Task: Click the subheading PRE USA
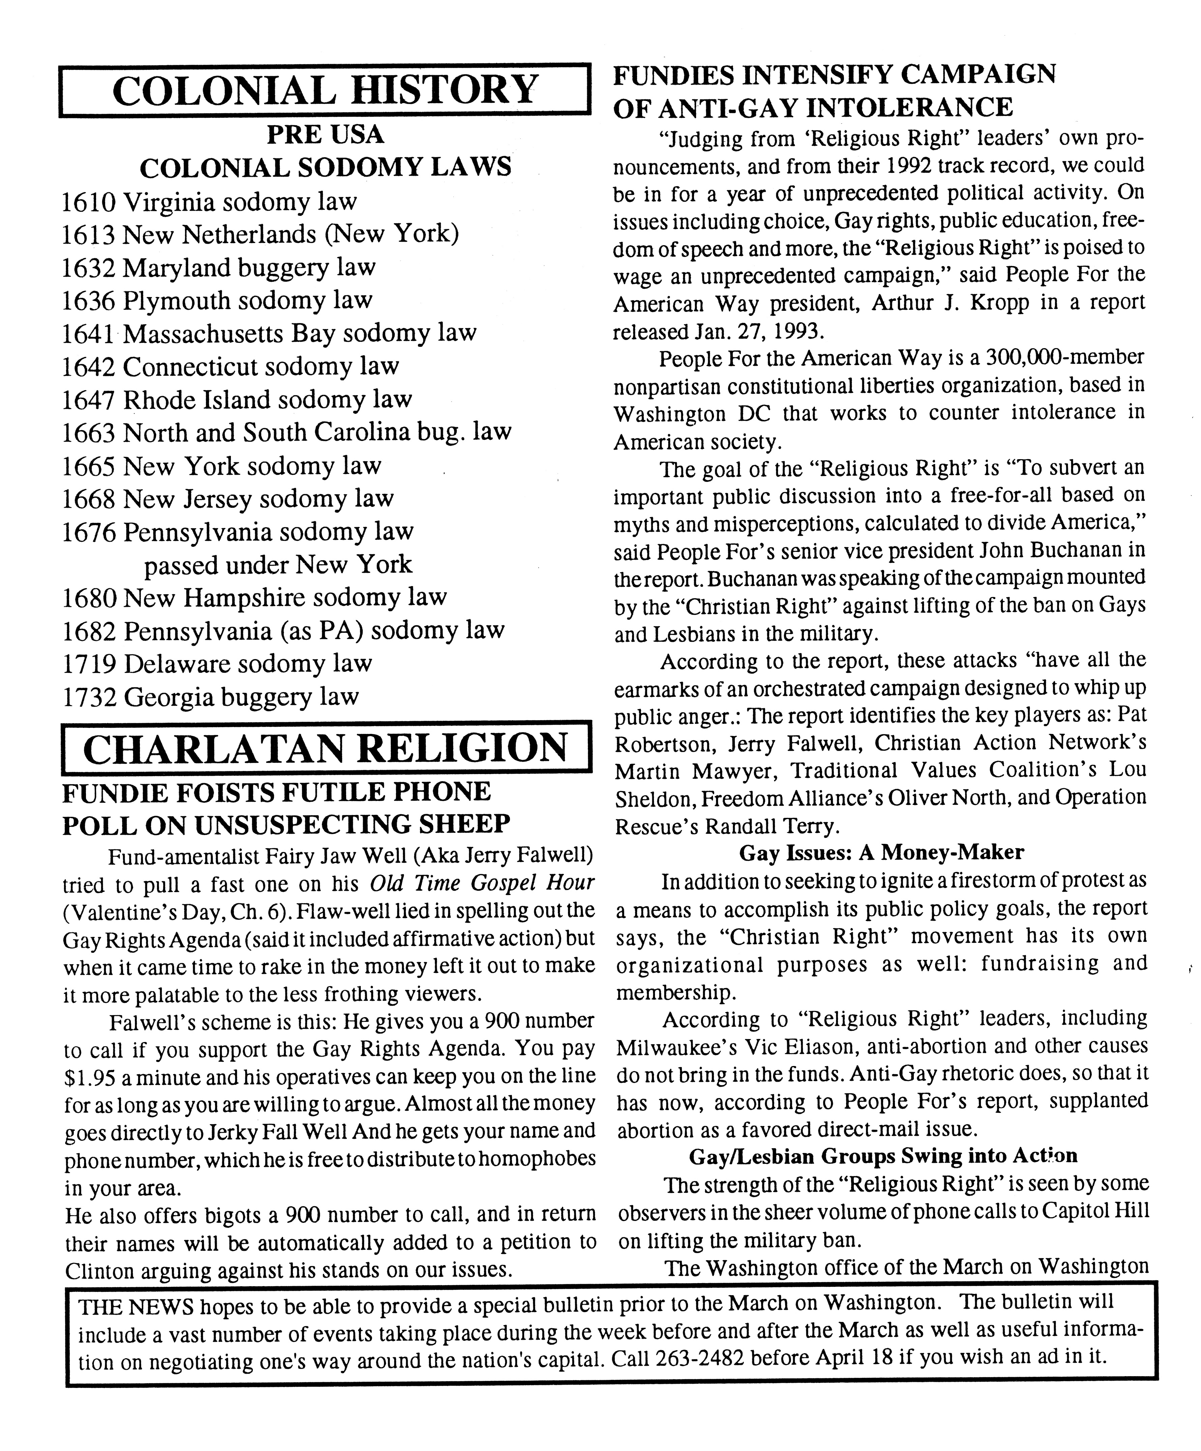(x=325, y=134)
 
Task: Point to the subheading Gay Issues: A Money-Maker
(x=881, y=853)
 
